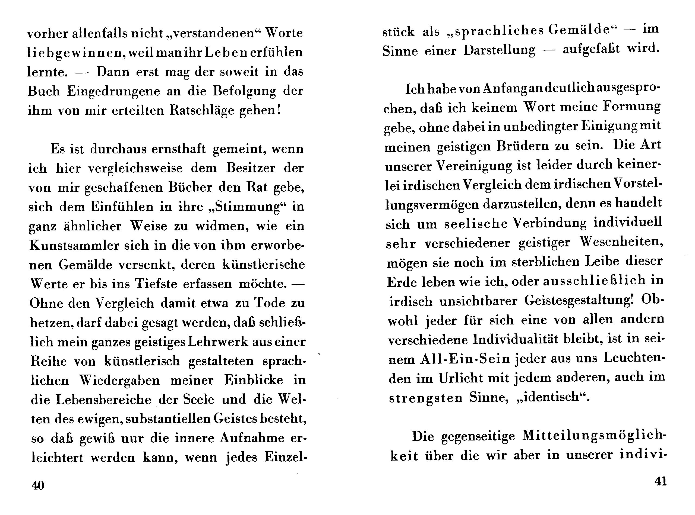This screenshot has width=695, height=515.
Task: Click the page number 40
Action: tap(38, 485)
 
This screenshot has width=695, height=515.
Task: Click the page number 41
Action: tap(661, 482)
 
